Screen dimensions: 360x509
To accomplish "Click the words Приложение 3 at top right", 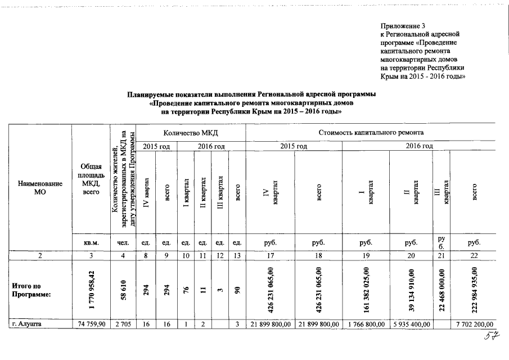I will (401, 26).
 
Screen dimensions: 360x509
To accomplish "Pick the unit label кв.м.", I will (91, 242).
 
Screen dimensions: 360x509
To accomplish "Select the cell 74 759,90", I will (91, 323).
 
